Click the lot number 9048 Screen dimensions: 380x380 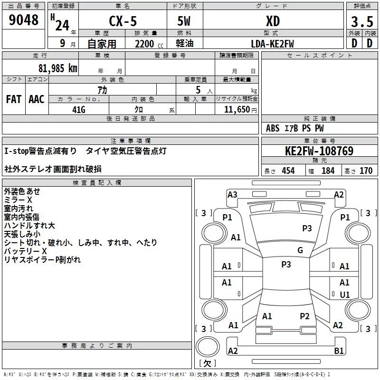tap(23, 20)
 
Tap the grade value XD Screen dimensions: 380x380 tap(273, 21)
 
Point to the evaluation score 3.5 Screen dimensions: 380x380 tap(361, 22)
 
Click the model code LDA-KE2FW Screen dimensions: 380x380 tap(272, 44)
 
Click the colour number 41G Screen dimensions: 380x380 tap(78, 109)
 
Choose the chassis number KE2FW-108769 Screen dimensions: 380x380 tap(319, 151)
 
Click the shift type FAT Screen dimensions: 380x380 tap(14, 99)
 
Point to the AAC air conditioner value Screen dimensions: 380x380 tap(37, 99)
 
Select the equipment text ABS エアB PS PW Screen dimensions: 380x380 tap(295, 128)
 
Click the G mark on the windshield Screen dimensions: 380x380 tap(300, 250)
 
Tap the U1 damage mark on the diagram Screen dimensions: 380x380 tap(345, 294)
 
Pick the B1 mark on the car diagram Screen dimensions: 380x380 tap(339, 351)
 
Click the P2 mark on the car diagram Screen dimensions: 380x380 tap(304, 316)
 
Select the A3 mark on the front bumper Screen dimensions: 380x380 tap(232, 194)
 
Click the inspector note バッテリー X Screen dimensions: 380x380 tap(26, 251)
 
